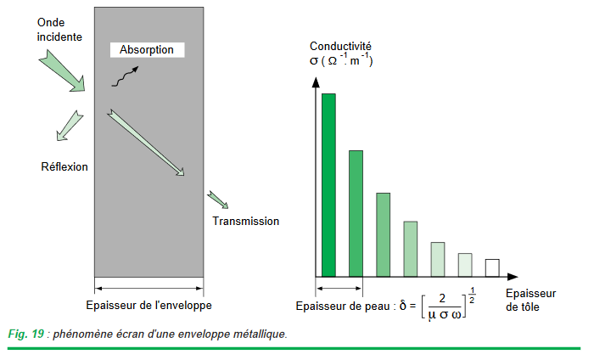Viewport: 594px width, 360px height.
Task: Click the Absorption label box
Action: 147,50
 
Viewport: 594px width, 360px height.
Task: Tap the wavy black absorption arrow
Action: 127,76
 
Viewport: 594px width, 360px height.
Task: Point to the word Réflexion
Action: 64,166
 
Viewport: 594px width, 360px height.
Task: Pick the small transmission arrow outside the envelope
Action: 217,200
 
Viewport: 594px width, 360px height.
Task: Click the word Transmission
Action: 246,221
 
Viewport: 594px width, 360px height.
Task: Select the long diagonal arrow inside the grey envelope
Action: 145,143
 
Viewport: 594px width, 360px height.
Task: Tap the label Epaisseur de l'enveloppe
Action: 149,305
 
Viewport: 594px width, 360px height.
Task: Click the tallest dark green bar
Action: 328,184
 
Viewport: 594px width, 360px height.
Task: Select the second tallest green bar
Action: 356,213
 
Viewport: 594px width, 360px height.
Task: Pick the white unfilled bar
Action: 491,267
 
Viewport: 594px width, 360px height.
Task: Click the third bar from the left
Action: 383,234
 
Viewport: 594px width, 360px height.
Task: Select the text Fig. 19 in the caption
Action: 25,334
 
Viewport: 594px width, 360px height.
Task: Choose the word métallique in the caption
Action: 256,334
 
